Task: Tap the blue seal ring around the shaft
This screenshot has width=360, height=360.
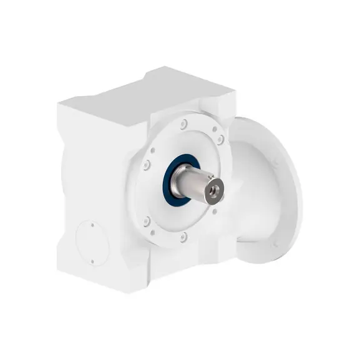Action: point(169,181)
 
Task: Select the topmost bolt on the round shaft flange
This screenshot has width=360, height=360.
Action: point(183,125)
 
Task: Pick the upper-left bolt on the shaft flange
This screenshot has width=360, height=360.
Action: point(146,165)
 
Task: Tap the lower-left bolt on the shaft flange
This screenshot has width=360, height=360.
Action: point(146,221)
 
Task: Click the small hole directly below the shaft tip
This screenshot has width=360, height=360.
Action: point(215,210)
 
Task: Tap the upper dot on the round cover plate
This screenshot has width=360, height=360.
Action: point(92,226)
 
